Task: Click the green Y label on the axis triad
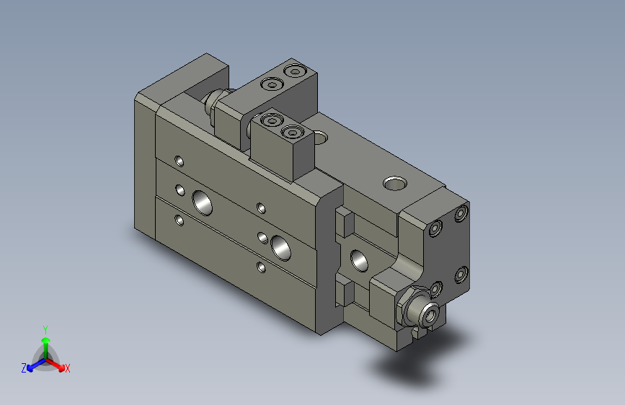tap(45, 328)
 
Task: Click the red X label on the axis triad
tap(67, 368)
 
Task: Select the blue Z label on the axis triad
tap(24, 368)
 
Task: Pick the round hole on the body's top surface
tap(394, 184)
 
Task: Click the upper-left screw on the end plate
tap(435, 229)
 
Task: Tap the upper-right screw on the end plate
tap(461, 214)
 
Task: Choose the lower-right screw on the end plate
tap(461, 274)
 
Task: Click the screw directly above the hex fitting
tap(435, 289)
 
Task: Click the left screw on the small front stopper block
tap(271, 122)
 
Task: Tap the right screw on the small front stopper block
tap(291, 133)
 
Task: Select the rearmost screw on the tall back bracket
tap(294, 71)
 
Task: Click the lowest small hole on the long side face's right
tap(261, 268)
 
